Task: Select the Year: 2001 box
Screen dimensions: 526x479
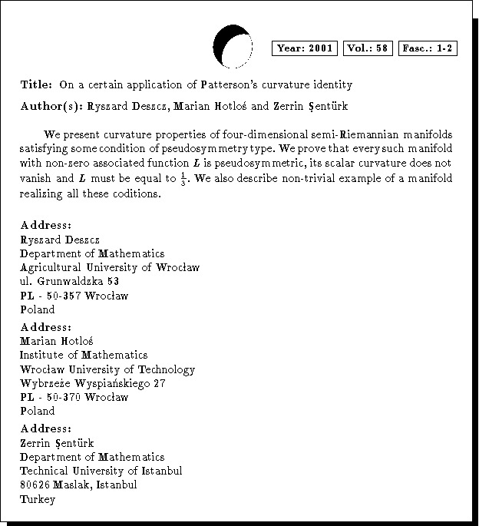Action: [305, 48]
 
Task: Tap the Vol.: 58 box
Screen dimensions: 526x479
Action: [368, 48]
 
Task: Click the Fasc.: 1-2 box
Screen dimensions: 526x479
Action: [428, 48]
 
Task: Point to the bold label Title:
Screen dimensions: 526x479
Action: [36, 84]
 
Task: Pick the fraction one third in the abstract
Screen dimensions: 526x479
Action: [184, 179]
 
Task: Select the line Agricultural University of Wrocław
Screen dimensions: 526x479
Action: [110, 267]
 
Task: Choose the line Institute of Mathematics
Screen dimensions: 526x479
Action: [84, 355]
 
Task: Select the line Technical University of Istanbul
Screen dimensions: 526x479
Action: [101, 471]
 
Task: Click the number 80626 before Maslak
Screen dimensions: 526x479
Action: [35, 485]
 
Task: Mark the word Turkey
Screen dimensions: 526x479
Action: [38, 499]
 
